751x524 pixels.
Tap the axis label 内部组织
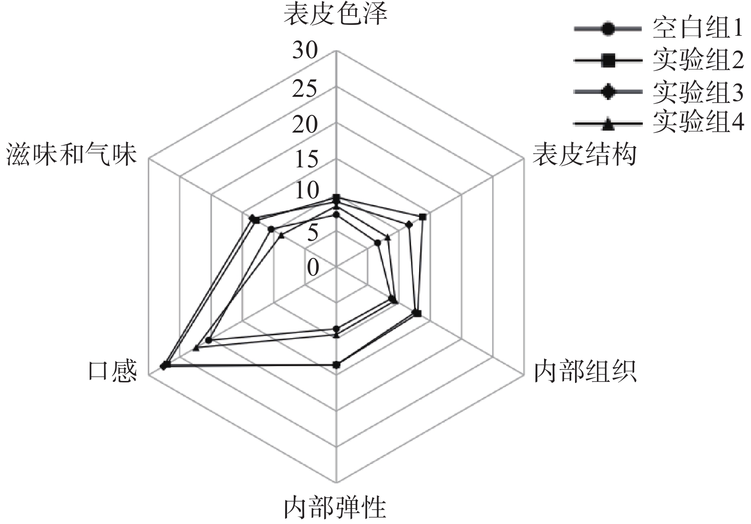[584, 371]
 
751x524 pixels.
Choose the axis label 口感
[113, 370]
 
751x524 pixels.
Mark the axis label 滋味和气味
[71, 155]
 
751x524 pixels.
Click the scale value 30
[305, 50]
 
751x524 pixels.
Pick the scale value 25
[305, 89]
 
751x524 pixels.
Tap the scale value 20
[305, 124]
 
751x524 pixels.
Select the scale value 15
[305, 160]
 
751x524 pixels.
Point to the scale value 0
[313, 267]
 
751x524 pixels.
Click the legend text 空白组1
[698, 30]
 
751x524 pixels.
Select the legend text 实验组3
[698, 92]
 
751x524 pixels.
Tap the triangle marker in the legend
[607, 125]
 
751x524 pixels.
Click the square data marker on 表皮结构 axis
[422, 217]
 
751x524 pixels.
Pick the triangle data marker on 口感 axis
[196, 348]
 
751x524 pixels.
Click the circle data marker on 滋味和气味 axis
[271, 229]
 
